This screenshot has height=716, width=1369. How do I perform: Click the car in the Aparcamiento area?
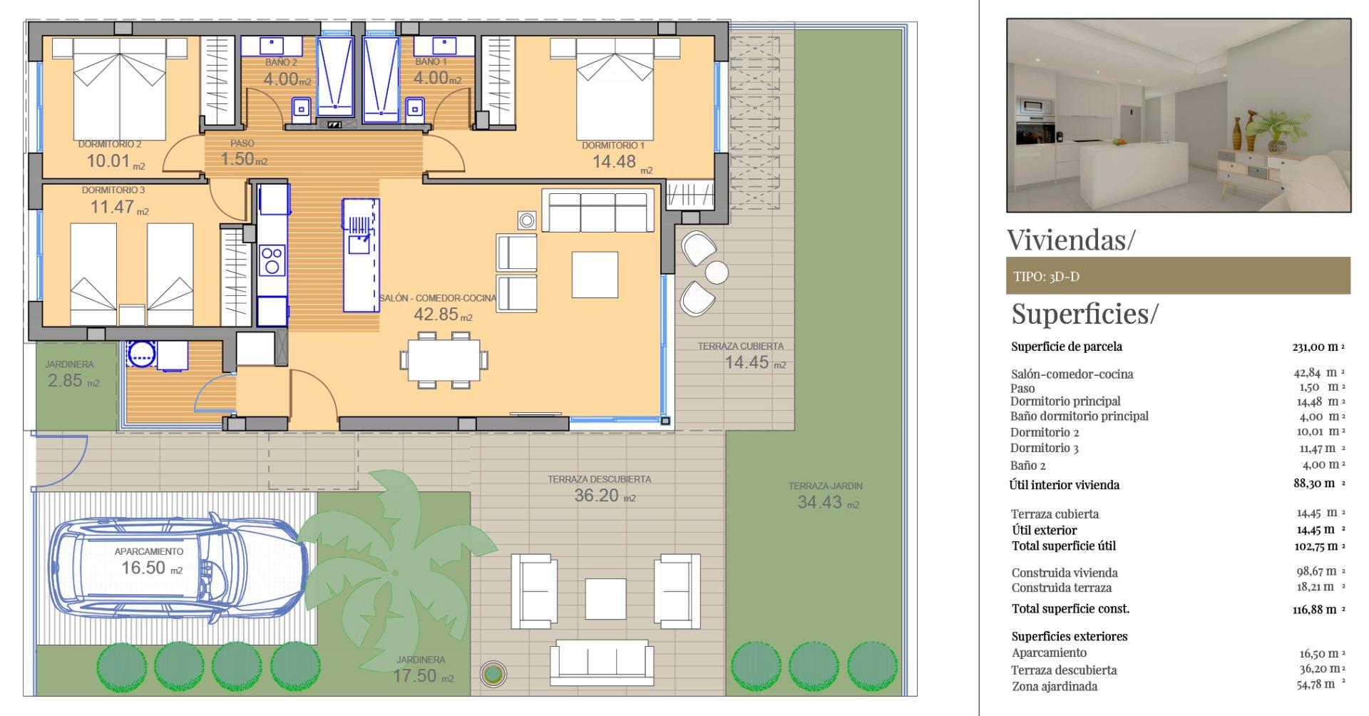click(178, 567)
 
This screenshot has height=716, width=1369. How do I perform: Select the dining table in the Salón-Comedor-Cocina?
click(444, 361)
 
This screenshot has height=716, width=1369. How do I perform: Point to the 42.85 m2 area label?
click(442, 314)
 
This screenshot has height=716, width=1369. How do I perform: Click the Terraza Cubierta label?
click(741, 347)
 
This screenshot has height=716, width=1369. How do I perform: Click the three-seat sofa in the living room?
click(598, 211)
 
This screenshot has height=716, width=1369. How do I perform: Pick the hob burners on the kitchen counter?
click(272, 260)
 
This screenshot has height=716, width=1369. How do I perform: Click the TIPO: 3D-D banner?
click(1178, 276)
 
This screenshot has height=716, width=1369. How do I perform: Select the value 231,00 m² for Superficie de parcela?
click(1318, 347)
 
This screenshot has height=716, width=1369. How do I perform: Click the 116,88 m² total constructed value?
click(1318, 609)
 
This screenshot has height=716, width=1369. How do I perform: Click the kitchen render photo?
click(1178, 116)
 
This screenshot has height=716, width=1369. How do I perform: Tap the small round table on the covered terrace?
click(717, 272)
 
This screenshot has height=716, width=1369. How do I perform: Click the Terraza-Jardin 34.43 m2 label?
click(826, 496)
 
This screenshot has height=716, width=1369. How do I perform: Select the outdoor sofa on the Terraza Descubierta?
click(603, 660)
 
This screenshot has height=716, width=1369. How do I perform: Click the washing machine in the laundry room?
click(142, 353)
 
